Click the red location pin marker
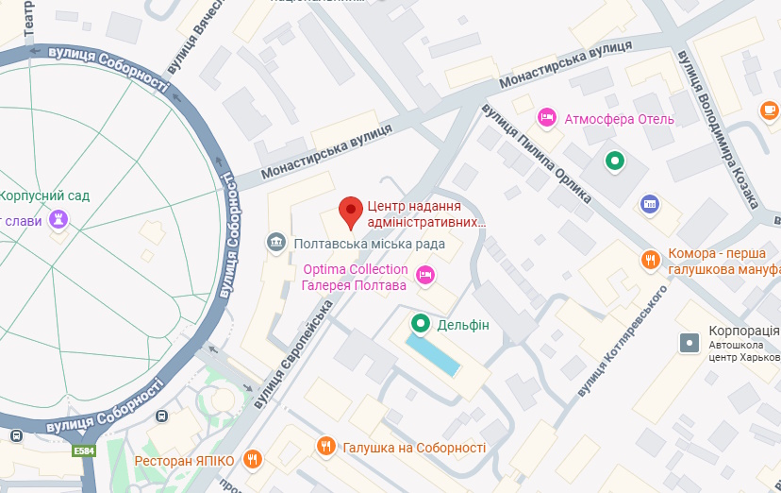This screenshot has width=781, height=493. pyautogui.click(x=352, y=212)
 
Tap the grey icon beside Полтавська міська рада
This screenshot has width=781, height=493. pyautogui.click(x=276, y=243)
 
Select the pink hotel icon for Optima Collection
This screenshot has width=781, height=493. pyautogui.click(x=424, y=275)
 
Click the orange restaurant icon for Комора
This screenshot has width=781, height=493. pyautogui.click(x=650, y=260)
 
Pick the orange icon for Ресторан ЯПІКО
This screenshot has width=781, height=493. pyautogui.click(x=252, y=460)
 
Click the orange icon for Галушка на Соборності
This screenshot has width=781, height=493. pyautogui.click(x=326, y=446)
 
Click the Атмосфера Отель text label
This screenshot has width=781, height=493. pyautogui.click(x=619, y=119)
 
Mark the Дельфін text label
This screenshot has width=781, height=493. pyautogui.click(x=463, y=325)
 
